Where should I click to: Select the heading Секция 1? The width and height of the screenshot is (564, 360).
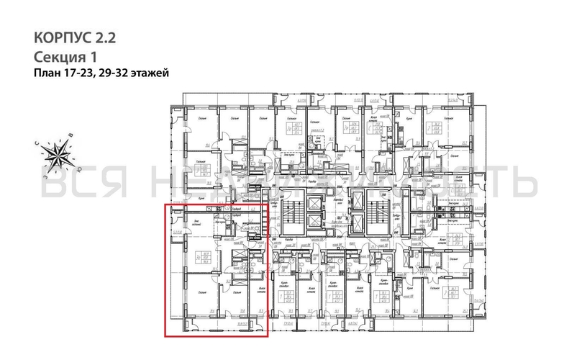65,56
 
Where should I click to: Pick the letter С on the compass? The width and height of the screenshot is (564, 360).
45,142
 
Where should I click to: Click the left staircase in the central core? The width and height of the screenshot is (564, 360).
293,212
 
